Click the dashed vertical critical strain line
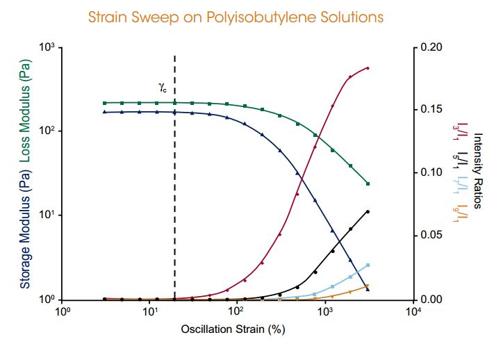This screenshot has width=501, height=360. pyautogui.click(x=174, y=208)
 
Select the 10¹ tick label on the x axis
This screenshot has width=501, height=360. pyautogui.click(x=149, y=313)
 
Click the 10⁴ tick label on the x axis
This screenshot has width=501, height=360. pyautogui.click(x=413, y=313)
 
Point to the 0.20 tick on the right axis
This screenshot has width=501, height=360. pyautogui.click(x=432, y=48)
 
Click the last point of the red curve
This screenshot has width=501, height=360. pyautogui.click(x=368, y=68)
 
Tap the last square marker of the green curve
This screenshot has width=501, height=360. pyautogui.click(x=368, y=184)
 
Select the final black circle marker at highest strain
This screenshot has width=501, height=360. pyautogui.click(x=368, y=211)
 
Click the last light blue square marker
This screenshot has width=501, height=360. pyautogui.click(x=368, y=265)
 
